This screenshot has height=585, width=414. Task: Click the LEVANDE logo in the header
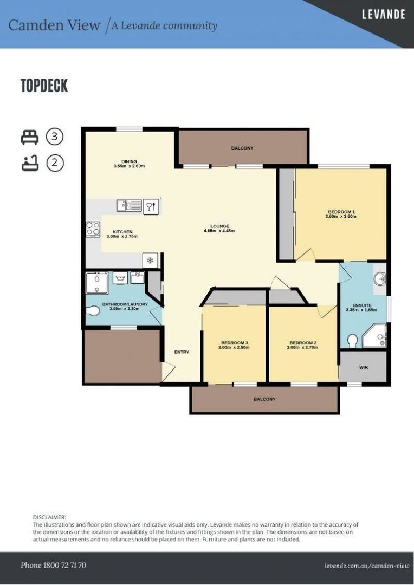383,15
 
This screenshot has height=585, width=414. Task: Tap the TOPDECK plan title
44,86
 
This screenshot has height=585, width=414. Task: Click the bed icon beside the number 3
30,137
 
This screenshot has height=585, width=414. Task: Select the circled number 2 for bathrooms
55,162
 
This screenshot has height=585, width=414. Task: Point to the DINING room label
129,161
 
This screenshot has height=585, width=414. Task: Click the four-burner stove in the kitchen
93,229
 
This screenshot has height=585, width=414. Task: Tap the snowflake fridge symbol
151,260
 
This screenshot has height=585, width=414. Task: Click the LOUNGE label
220,226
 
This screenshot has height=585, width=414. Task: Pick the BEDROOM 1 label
340,211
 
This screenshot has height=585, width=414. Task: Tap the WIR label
363,367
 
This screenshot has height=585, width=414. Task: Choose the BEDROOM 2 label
302,342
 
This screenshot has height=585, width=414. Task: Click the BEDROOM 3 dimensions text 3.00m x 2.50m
234,348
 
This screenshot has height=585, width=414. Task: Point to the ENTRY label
182,352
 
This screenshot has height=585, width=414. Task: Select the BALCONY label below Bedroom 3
264,399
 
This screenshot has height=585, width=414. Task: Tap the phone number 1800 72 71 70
53,565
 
